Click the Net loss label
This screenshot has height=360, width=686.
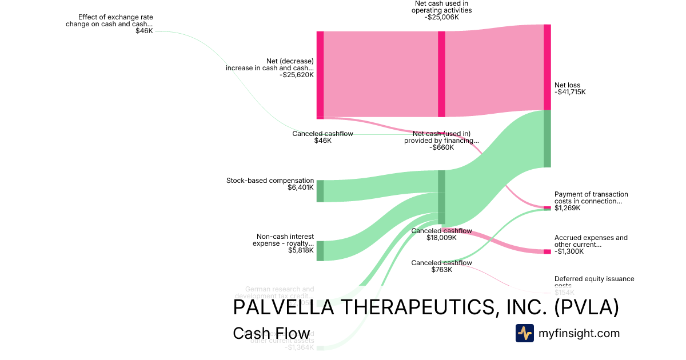tap(567, 85)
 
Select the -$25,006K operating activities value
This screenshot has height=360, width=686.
tap(441, 17)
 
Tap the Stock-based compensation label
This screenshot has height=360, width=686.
tap(270, 181)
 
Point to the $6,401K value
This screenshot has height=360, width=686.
tap(301, 187)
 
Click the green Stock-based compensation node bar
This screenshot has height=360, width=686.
tap(320, 191)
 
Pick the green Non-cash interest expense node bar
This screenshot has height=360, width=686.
tap(320, 251)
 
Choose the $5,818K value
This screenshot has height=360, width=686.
tap(301, 250)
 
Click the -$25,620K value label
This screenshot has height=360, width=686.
tap(297, 75)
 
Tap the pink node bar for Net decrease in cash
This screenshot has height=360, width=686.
tap(320, 75)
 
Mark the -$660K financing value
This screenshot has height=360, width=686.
tap(441, 147)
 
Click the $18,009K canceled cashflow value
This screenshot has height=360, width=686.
tap(441, 238)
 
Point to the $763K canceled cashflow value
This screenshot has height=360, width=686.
tap(441, 270)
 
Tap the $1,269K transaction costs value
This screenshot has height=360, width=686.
tap(568, 208)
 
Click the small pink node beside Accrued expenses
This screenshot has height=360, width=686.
tap(547, 251)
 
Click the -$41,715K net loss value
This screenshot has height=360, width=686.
tap(570, 92)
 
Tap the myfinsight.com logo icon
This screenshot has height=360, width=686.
tap(524, 333)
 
